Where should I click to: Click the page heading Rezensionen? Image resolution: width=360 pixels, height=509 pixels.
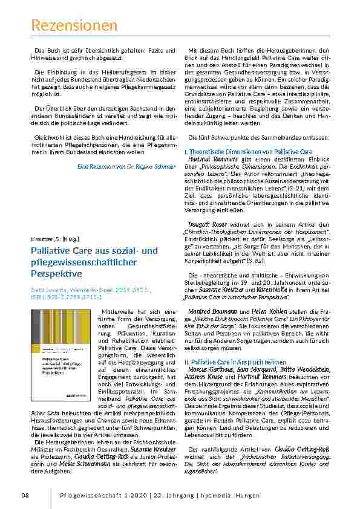(x=74, y=25)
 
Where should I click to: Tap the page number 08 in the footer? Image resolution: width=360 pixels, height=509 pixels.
(x=25, y=495)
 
